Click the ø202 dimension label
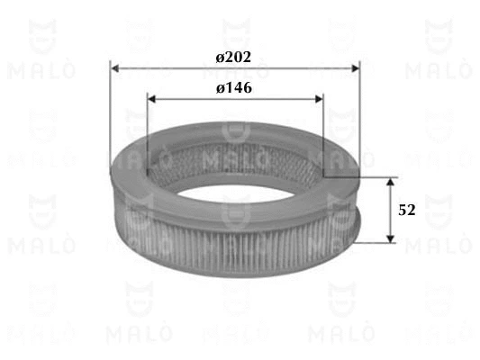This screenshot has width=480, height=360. pos(233,57)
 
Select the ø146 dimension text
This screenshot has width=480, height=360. pos(233,88)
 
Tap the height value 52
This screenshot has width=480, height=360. pos(407,210)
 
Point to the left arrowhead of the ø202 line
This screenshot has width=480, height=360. pos(114,67)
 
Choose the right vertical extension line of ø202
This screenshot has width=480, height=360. pos(359,117)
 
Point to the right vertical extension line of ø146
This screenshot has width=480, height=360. pos(322,135)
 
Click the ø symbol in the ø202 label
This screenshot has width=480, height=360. pos(219,58)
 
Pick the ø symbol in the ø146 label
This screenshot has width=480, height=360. pos(219,89)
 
